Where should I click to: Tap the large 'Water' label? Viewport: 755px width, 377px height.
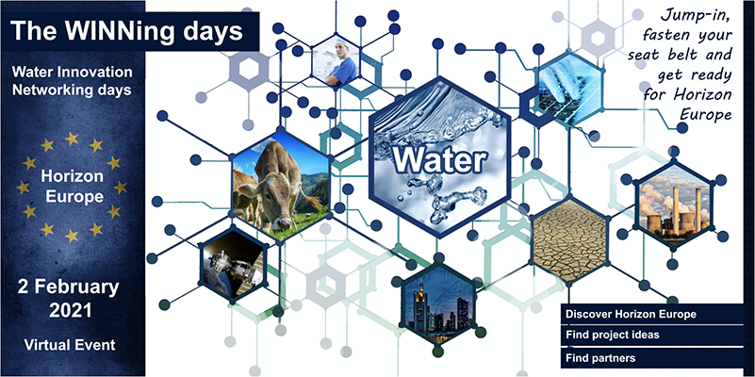coord(438,161)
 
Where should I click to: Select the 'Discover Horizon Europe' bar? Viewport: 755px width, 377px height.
coord(652,315)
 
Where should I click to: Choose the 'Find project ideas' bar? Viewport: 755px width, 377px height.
coord(652,336)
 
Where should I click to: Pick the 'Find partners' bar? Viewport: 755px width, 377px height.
coord(652,358)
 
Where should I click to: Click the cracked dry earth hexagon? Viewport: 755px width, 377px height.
coord(569,240)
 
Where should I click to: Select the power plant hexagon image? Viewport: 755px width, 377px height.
coord(674,204)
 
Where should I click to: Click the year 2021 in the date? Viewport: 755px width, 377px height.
coord(71,311)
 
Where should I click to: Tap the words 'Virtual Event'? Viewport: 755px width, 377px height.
coord(70,345)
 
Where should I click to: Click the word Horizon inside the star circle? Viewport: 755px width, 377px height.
coord(72,176)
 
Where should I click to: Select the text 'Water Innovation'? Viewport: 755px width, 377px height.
coord(73,73)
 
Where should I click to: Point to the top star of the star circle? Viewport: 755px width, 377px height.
coord(72,139)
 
